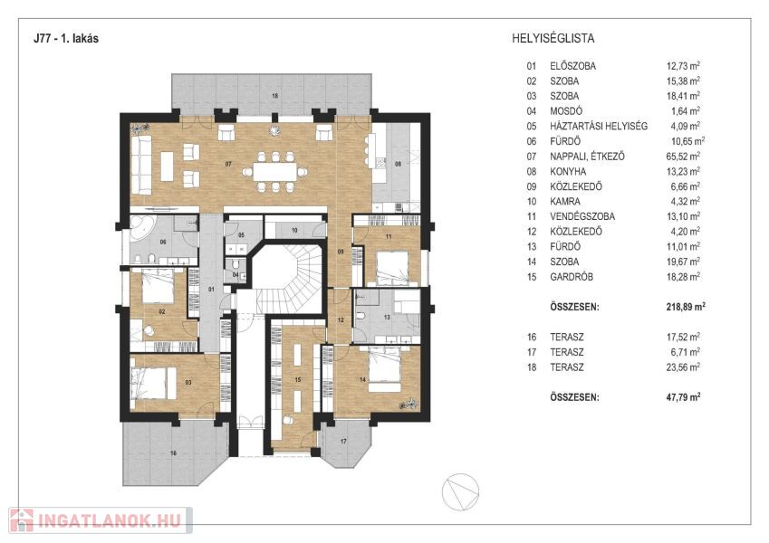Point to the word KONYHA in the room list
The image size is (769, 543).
(568, 171)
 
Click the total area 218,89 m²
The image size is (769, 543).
(684, 307)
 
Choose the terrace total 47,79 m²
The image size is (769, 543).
(684, 397)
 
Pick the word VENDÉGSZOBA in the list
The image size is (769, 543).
(582, 216)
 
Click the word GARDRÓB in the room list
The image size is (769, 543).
(571, 277)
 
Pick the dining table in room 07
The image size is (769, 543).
(274, 169)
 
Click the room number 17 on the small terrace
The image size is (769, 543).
(344, 441)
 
